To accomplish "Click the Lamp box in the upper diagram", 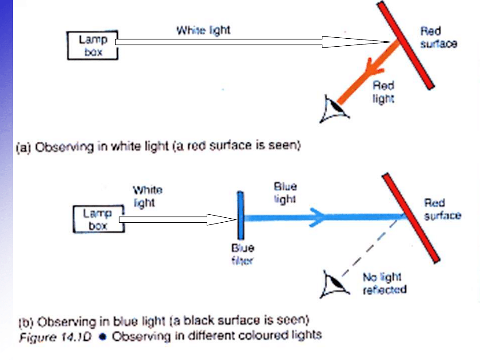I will tap(93, 45).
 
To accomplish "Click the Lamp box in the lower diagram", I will tap(98, 220).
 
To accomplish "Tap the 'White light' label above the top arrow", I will tap(204, 31).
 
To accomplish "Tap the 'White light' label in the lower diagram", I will tap(147, 196).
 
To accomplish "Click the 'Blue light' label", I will tap(285, 192).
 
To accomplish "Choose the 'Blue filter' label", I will tap(242, 254).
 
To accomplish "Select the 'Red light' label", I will tap(383, 92).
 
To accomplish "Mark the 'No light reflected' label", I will tap(384, 284).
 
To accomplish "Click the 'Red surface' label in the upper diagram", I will tap(438, 38).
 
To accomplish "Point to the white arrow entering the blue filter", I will tap(178, 219).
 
